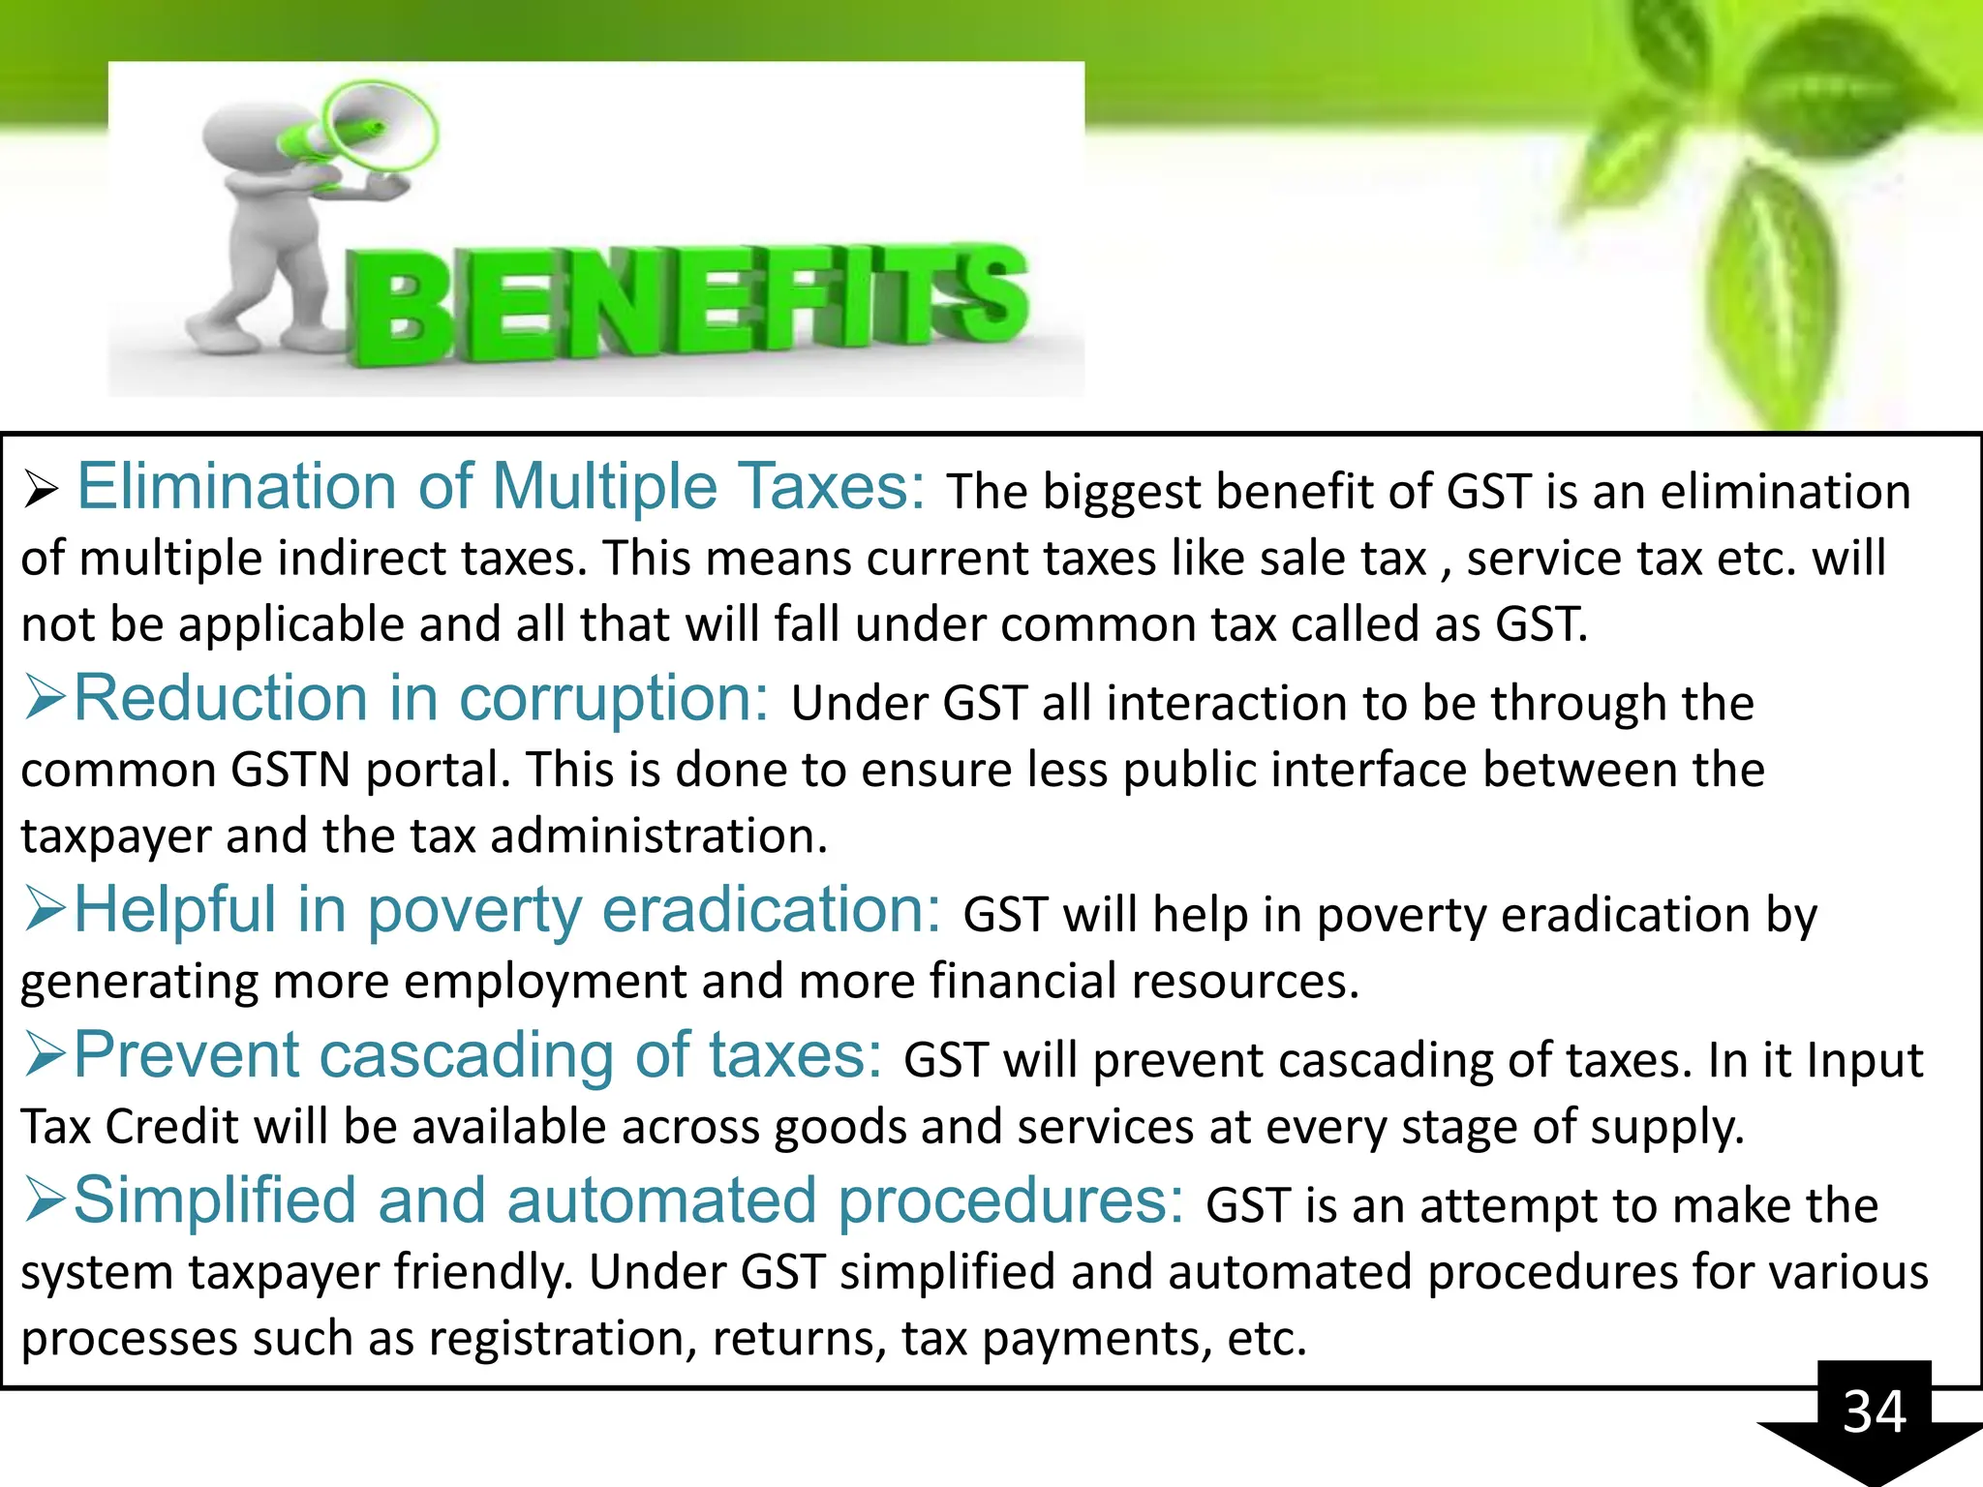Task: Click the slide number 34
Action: pyautogui.click(x=1874, y=1411)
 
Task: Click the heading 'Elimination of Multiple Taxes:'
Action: pyautogui.click(x=501, y=486)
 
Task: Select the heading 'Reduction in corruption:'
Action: pyautogui.click(x=421, y=698)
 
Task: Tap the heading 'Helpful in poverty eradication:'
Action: pyautogui.click(x=506, y=910)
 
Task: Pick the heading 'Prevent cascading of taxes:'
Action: pyautogui.click(x=477, y=1054)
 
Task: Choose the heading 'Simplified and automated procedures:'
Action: pyautogui.click(x=627, y=1200)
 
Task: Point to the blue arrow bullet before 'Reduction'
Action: pyautogui.click(x=45, y=698)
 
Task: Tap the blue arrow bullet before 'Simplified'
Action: pyautogui.click(x=45, y=1200)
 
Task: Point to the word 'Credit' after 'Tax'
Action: pyautogui.click(x=170, y=1127)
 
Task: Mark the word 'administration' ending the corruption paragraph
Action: pyautogui.click(x=658, y=836)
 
